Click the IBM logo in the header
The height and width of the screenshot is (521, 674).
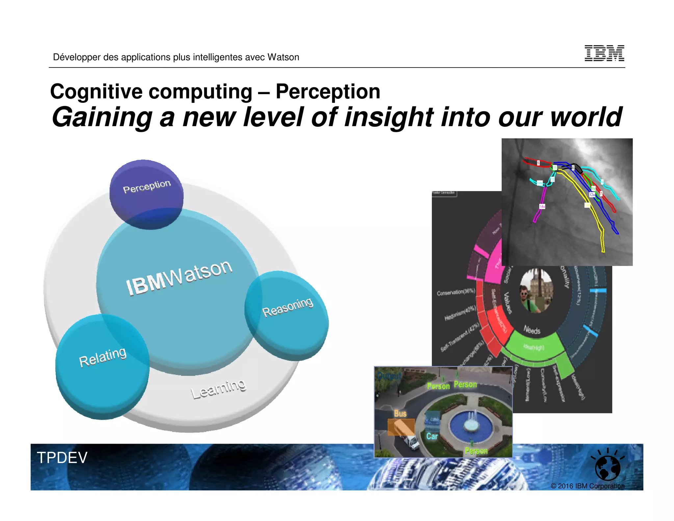coord(604,53)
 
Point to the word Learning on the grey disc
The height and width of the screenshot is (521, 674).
coord(218,389)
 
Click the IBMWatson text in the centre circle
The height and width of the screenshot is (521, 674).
coord(179,277)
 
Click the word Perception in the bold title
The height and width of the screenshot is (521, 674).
coord(328,92)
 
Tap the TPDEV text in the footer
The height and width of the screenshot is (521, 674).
coord(62,457)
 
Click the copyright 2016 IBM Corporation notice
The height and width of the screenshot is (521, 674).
coord(587,486)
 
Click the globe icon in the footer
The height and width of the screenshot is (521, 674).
coord(608,468)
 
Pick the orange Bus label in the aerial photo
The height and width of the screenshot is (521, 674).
coord(400,414)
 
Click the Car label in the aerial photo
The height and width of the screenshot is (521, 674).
coord(432,436)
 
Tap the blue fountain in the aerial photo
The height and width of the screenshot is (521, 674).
coord(471,425)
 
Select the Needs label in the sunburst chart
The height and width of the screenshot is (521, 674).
coord(532,330)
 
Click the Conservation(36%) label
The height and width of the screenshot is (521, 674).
coord(456,292)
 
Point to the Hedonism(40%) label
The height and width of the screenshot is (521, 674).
coord(460,313)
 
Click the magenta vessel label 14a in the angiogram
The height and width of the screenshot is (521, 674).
coord(542,206)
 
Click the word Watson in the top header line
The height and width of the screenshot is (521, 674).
coord(283,57)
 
